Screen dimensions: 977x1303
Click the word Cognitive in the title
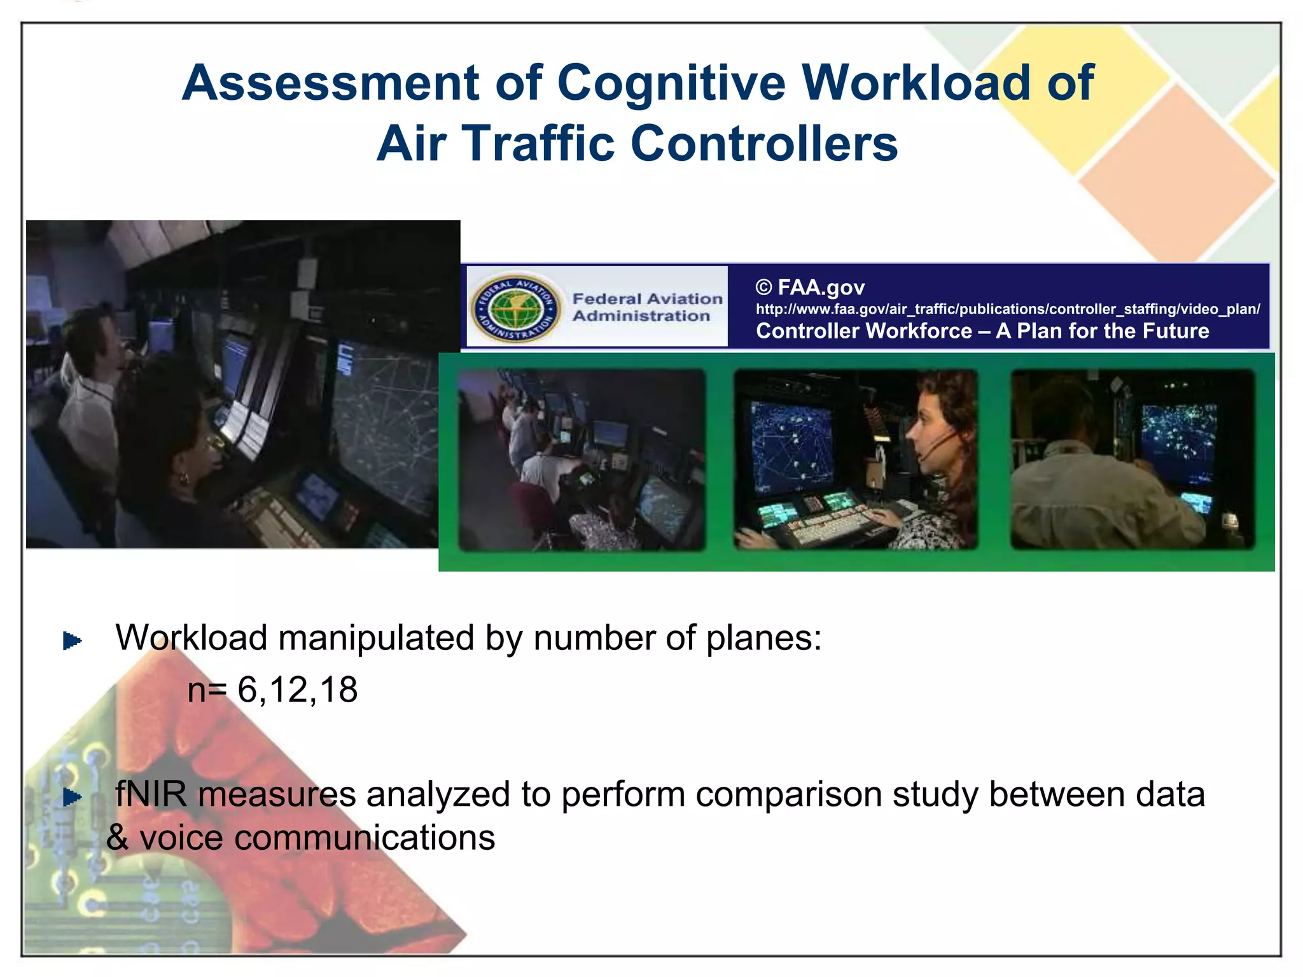coord(671,84)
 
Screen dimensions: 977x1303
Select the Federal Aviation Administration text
coord(647,307)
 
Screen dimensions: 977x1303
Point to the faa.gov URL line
coord(1007,309)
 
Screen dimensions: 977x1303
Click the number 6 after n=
coord(247,689)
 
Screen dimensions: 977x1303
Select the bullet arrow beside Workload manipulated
coord(72,641)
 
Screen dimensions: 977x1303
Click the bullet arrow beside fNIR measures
coord(72,797)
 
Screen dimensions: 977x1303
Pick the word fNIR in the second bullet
coord(151,794)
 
